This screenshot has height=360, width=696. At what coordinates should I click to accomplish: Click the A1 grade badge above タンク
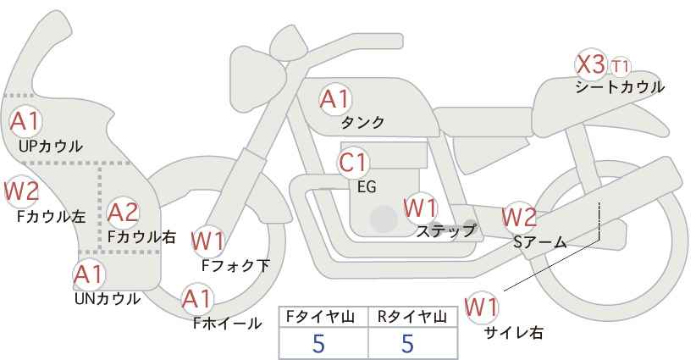click(x=334, y=99)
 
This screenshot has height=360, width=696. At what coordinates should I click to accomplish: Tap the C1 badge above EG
click(x=353, y=162)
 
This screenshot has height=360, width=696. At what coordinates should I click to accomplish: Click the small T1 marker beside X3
click(x=621, y=65)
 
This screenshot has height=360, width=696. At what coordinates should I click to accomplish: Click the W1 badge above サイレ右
click(x=483, y=306)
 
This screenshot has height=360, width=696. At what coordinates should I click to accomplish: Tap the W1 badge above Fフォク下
click(x=207, y=241)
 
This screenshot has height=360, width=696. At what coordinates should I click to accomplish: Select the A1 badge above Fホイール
click(x=198, y=299)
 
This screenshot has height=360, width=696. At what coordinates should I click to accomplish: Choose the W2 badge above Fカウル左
click(x=21, y=191)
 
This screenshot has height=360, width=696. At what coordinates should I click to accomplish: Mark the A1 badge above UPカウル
click(x=25, y=120)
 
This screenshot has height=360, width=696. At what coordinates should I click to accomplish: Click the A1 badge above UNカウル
click(x=87, y=274)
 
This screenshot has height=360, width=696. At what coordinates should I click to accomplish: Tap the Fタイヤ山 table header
click(x=323, y=317)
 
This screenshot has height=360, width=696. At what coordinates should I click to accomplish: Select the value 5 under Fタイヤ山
click(x=318, y=343)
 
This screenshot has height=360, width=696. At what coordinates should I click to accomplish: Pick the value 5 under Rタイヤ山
click(x=408, y=343)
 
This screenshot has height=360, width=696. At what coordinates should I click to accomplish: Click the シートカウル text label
click(x=620, y=86)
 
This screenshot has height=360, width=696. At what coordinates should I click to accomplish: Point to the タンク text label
click(x=362, y=123)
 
